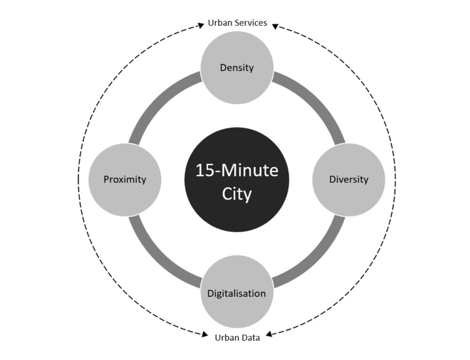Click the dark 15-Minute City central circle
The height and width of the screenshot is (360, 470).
pos(237,180)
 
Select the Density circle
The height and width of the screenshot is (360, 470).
pos(237,68)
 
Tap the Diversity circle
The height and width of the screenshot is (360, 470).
pos(349,180)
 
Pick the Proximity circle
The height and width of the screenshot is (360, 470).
pos(125,180)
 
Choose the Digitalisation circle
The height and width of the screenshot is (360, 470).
pos(237,292)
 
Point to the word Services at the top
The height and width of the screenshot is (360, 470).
pos(251,23)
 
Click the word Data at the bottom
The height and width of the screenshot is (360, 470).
pos(250,338)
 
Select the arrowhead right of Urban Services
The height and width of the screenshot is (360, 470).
pos(275,26)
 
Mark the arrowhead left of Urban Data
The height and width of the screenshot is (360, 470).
pos(205,334)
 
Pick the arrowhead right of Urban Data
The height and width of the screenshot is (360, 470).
pos(269,334)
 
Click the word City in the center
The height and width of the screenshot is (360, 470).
pos(237,194)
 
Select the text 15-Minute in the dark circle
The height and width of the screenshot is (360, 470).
pos(237,170)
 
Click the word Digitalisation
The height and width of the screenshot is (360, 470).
pos(236,293)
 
